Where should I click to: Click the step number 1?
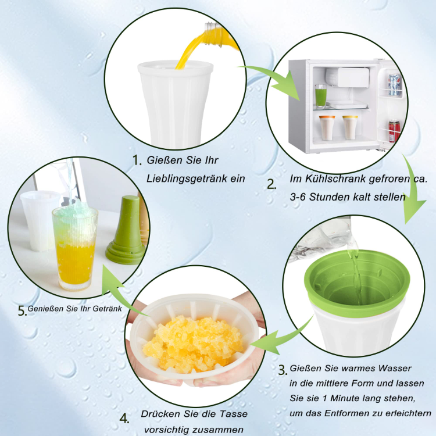(137, 160)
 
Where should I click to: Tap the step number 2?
(271, 184)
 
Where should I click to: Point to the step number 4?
(124, 418)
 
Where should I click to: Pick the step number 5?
(23, 310)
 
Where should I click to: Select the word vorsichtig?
(167, 430)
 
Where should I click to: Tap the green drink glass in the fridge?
(320, 96)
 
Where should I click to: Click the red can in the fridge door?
(394, 131)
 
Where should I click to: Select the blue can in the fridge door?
(394, 85)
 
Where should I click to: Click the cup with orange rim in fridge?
(327, 128)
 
